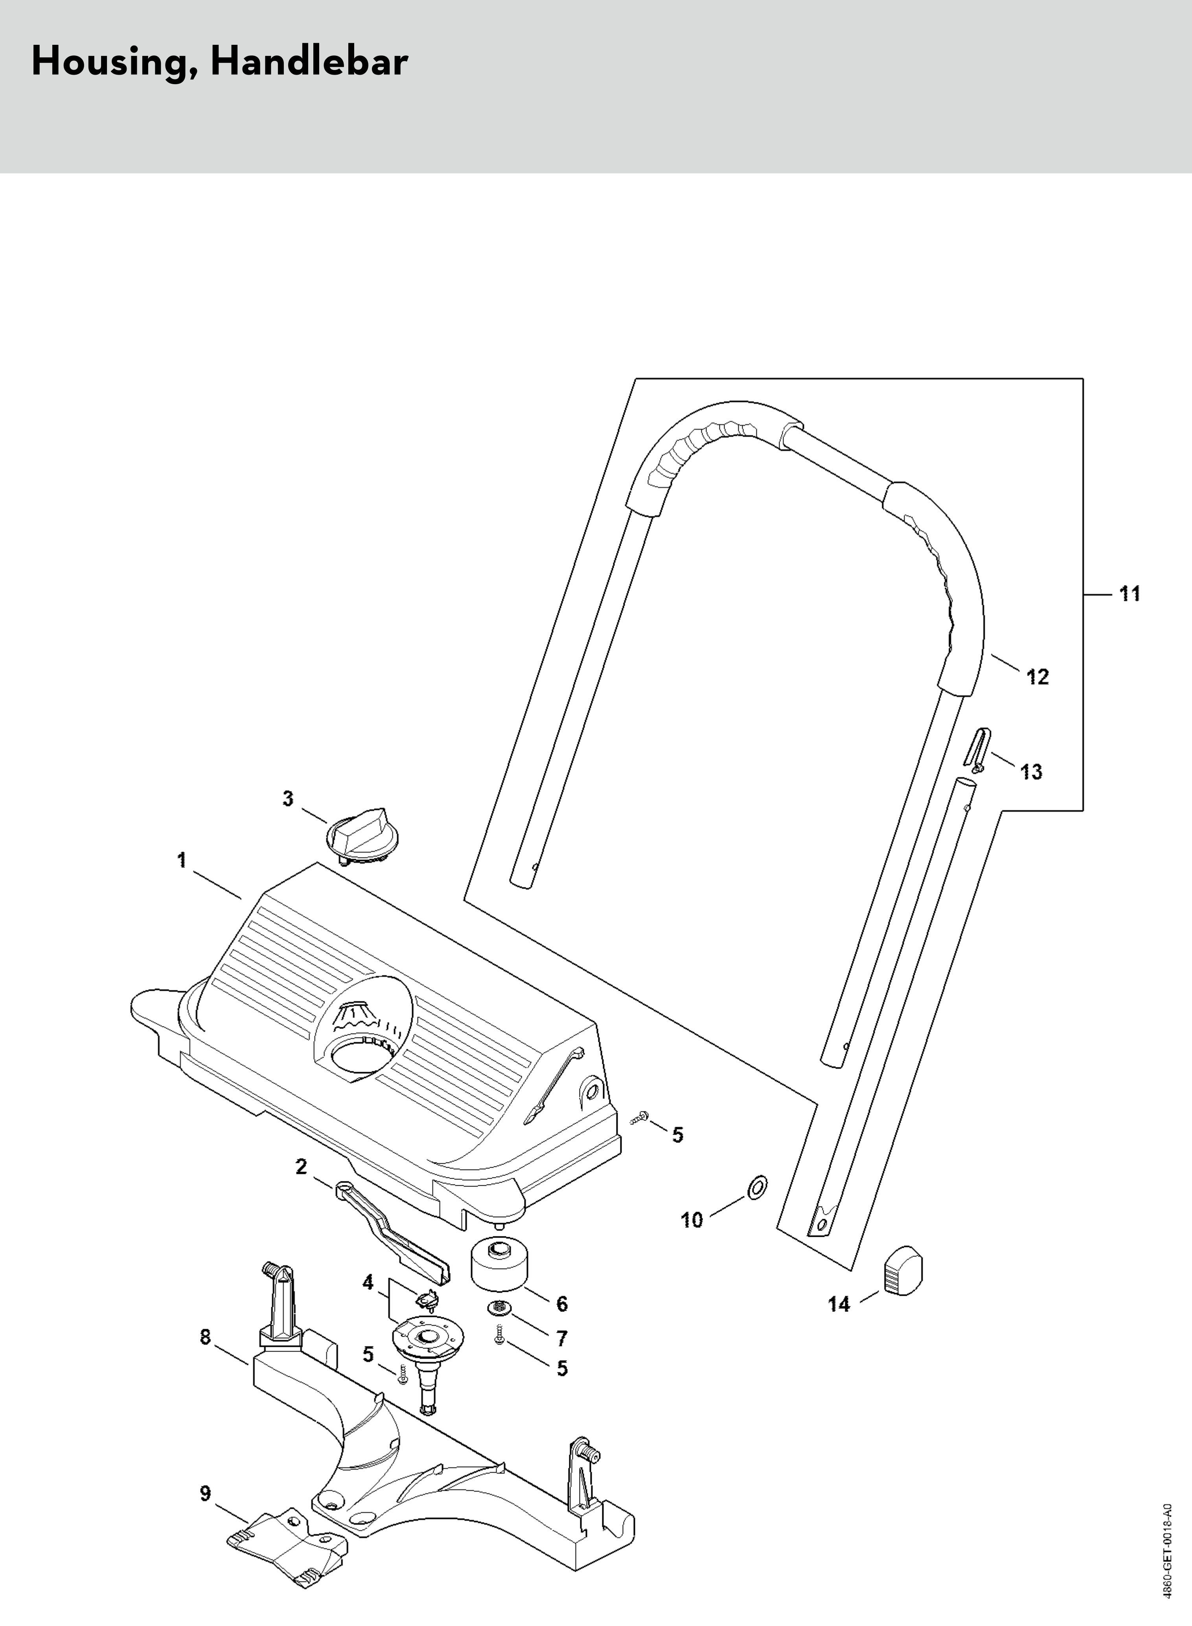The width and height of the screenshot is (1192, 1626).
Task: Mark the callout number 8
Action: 206,1337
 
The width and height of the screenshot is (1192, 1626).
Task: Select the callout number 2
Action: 302,1166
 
